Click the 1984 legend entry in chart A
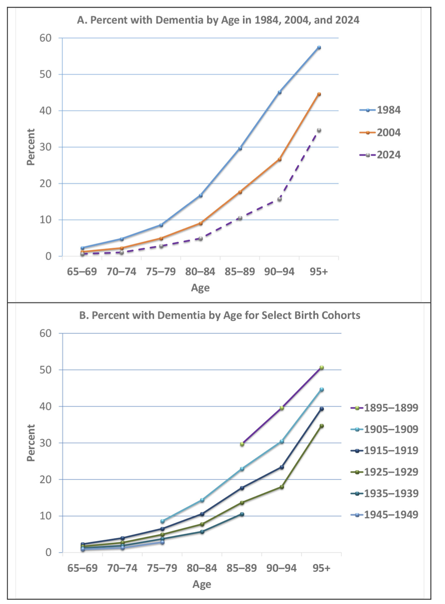pyautogui.click(x=380, y=110)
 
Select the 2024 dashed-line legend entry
pyautogui.click(x=380, y=155)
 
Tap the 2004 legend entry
pyautogui.click(x=380, y=132)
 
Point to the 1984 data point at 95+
pyautogui.click(x=319, y=47)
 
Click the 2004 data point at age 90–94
pyautogui.click(x=280, y=159)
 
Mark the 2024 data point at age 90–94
pyautogui.click(x=280, y=199)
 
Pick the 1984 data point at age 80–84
pyautogui.click(x=201, y=195)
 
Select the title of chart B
pyautogui.click(x=220, y=315)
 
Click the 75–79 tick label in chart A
pyautogui.click(x=161, y=272)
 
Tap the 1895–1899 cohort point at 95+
pyautogui.click(x=322, y=368)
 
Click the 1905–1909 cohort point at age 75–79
pyautogui.click(x=163, y=521)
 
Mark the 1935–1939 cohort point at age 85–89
pyautogui.click(x=242, y=514)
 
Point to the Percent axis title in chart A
pyautogui.click(x=31, y=147)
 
